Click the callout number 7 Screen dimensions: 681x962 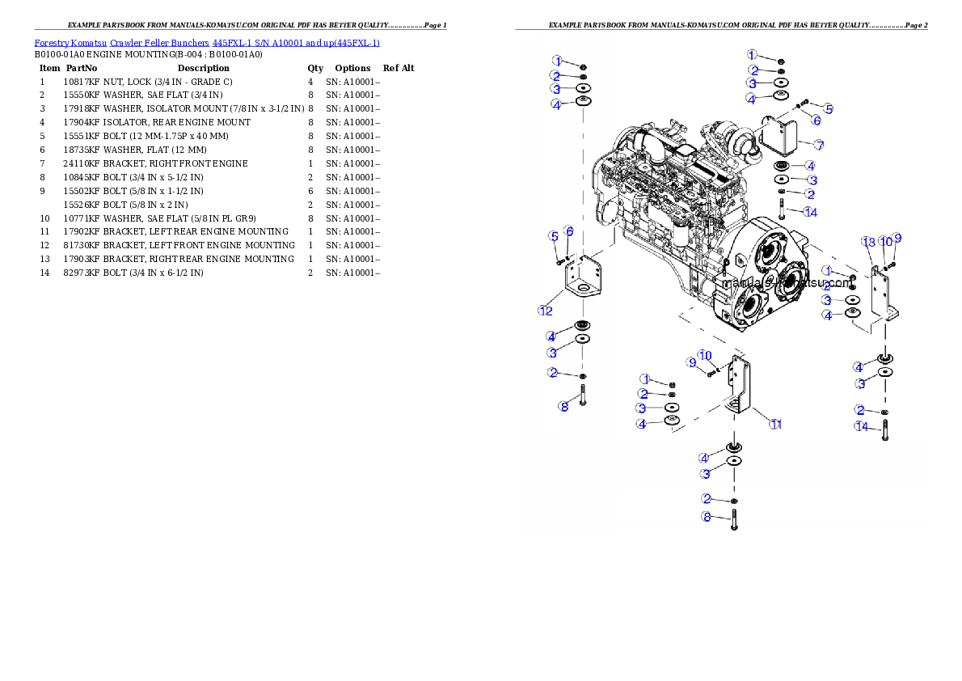coord(819,146)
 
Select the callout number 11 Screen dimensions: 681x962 coord(775,424)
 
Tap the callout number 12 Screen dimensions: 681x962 coord(546,310)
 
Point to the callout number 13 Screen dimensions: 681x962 coord(868,242)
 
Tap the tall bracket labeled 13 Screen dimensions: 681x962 coord(882,291)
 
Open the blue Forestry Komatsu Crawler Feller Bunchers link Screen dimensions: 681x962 coord(207,43)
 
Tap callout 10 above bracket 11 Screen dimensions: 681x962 coord(705,354)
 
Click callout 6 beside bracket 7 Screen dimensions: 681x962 coord(816,121)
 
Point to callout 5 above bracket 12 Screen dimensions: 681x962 coord(554,236)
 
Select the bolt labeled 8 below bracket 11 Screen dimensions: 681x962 coord(734,515)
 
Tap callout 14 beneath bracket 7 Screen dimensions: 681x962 coord(811,212)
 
